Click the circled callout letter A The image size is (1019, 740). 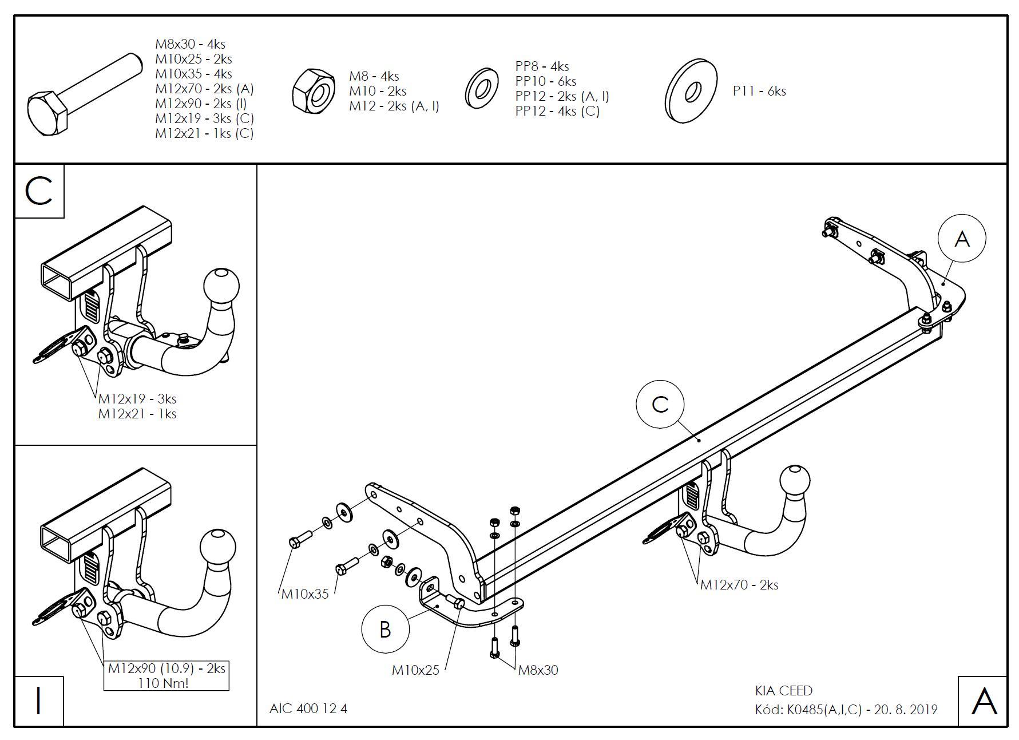click(x=962, y=239)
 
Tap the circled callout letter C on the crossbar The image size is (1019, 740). click(x=660, y=404)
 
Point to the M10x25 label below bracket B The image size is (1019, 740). click(x=415, y=670)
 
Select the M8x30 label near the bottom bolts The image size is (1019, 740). click(x=538, y=670)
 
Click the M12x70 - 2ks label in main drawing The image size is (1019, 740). click(x=739, y=585)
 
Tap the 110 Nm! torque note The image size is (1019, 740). click(x=163, y=683)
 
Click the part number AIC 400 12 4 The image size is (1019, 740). click(x=308, y=709)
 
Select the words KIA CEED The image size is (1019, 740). click(x=784, y=691)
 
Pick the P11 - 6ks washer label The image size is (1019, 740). click(x=759, y=91)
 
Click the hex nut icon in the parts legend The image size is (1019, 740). click(x=314, y=90)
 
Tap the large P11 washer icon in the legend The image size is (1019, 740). click(x=691, y=90)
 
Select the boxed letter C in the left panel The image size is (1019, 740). click(x=39, y=191)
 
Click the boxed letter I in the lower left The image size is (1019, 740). click(x=38, y=701)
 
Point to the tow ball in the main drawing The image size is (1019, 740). click(x=794, y=482)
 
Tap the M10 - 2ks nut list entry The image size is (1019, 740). click(x=378, y=91)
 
